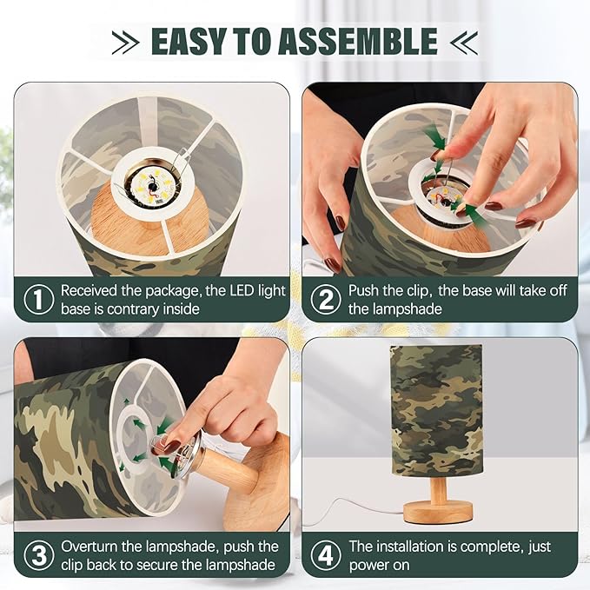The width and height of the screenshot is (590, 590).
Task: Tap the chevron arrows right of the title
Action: pos(466,41)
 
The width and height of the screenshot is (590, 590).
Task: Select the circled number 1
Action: pos(38,300)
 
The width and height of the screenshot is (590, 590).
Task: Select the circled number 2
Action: pos(326,300)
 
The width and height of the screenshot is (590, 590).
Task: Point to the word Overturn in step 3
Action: pos(93,547)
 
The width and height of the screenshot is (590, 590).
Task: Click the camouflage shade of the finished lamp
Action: pos(437,408)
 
